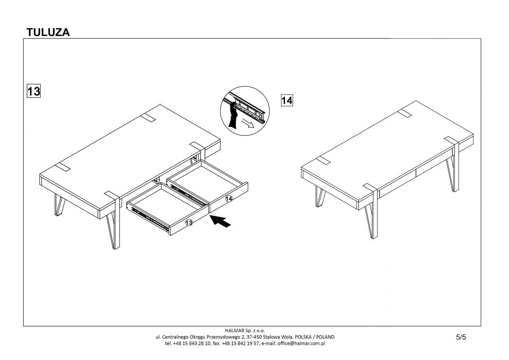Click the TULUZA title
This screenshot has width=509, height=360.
pos(48,32)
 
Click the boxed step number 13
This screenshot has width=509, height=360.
pos(34,91)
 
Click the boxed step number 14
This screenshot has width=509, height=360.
pos(287,100)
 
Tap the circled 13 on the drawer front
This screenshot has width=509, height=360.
pos(189,222)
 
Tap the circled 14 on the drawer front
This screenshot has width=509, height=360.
pos(229,198)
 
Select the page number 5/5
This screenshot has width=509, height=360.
pos(461,337)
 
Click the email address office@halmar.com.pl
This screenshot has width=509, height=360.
pos(301,343)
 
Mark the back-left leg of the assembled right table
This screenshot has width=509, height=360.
pos(319,197)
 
